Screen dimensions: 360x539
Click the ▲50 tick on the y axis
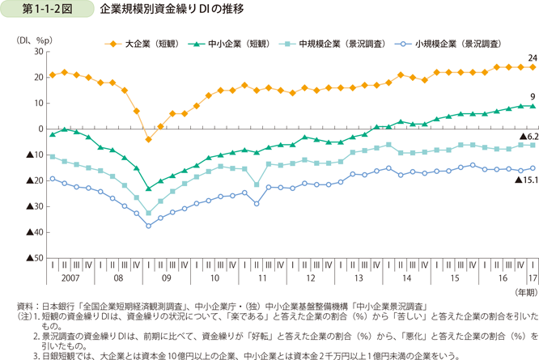(x=34, y=258)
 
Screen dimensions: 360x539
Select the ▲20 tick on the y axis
(x=34, y=180)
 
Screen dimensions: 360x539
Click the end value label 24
(x=533, y=58)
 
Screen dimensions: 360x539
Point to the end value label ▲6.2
(x=527, y=138)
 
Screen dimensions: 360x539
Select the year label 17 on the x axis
(x=531, y=277)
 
